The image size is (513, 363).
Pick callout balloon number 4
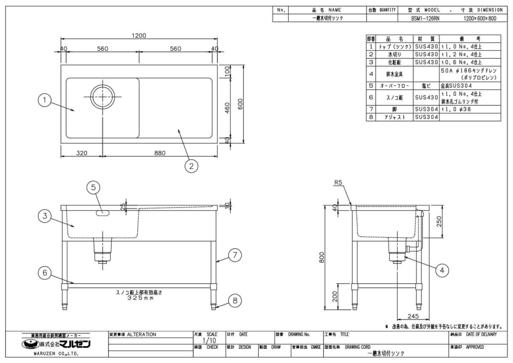point(442,270)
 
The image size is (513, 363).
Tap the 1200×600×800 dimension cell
point(480,18)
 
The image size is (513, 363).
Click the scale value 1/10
point(206,340)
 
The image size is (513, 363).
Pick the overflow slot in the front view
point(103,213)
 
